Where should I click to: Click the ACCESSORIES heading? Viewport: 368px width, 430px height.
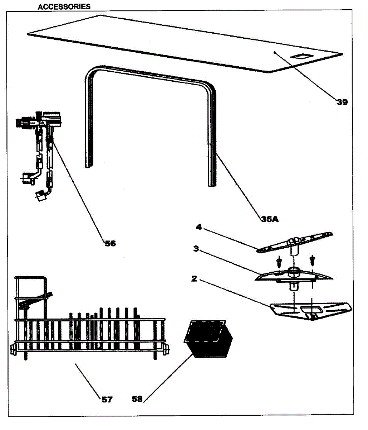coord(64,7)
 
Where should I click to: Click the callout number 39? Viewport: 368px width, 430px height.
coord(342,102)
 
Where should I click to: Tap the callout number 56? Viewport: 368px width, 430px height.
coord(110,243)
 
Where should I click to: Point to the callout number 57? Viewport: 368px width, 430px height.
coord(107,399)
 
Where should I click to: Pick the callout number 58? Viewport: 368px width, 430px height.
coord(137,399)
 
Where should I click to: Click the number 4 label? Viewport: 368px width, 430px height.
coord(199,227)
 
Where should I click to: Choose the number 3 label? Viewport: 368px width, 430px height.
coord(196,249)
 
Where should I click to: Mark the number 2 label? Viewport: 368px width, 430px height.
coord(194,278)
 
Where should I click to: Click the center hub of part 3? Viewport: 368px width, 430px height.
coord(294,272)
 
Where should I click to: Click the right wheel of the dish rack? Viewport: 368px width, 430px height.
coord(166,348)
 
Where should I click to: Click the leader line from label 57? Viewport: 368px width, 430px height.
coord(88,379)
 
